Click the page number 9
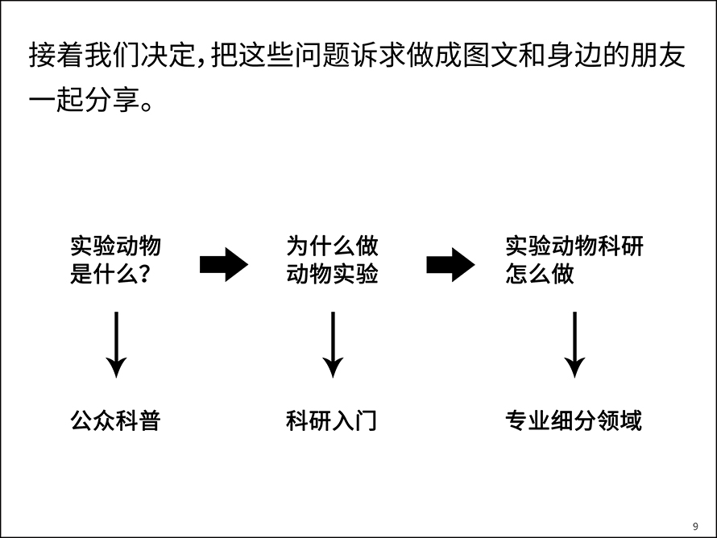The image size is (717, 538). point(695,526)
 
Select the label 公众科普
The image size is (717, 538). point(116,420)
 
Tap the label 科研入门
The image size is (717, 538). point(332,420)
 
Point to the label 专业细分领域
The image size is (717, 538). point(574,420)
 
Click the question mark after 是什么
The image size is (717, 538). point(144,274)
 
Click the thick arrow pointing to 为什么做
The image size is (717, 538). point(224,265)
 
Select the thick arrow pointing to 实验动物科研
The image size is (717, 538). point(451,265)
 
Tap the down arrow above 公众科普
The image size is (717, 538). point(117,345)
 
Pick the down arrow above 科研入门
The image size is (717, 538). point(333,345)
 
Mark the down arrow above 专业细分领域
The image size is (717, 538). point(574,345)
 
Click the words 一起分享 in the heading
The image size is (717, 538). point(84,100)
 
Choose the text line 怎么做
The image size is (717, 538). point(540,274)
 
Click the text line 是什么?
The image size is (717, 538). point(110,274)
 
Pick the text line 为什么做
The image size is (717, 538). point(333,246)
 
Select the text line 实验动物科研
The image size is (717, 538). point(574,246)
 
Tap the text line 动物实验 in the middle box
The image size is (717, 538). point(333,274)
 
